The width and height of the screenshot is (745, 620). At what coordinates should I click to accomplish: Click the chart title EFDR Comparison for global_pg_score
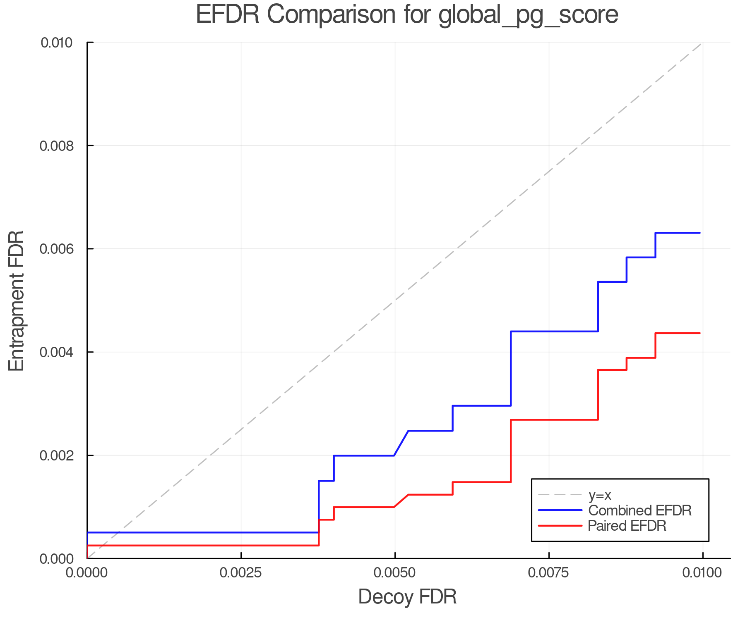(x=407, y=15)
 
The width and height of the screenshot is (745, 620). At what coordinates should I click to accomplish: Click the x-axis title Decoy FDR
(x=407, y=597)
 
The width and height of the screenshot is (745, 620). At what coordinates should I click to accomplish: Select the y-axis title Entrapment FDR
(x=17, y=300)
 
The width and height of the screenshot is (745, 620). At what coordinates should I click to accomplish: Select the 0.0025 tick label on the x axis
(x=241, y=573)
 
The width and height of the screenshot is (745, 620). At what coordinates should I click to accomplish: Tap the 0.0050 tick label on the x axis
(x=395, y=573)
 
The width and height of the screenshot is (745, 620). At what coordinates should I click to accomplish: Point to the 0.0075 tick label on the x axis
(x=549, y=573)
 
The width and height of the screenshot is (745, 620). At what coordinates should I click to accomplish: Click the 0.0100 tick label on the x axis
(x=702, y=573)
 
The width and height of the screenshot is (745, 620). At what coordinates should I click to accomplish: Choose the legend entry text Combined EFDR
(x=640, y=510)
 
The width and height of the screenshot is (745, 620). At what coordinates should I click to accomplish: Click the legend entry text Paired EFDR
(x=627, y=526)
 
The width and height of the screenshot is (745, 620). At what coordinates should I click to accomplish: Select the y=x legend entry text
(x=600, y=495)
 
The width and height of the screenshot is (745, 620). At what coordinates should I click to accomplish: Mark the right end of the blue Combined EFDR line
(x=699, y=233)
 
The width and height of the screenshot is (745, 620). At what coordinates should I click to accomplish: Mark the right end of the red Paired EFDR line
(x=699, y=333)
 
